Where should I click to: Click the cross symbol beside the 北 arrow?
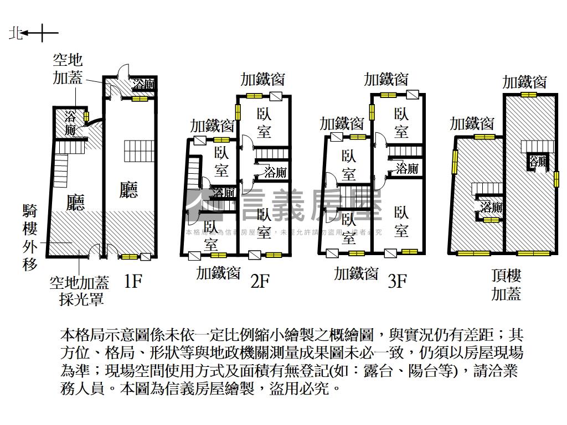pos(49,34)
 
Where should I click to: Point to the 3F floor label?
pos(397,282)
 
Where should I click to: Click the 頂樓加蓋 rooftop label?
pos(506,284)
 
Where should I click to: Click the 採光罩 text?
pos(81,300)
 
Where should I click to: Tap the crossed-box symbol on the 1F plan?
pos(146,256)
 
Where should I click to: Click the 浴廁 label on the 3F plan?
pos(406,168)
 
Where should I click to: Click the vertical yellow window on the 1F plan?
pos(86,117)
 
